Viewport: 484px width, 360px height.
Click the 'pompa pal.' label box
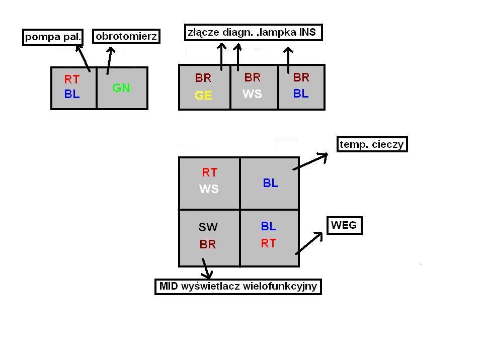pyautogui.click(x=53, y=37)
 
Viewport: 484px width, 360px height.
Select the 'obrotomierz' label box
pyautogui.click(x=126, y=36)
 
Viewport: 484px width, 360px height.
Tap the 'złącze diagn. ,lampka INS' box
pyautogui.click(x=253, y=33)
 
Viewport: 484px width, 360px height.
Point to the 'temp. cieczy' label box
pyautogui.click(x=372, y=145)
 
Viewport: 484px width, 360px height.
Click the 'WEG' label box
pyautogui.click(x=345, y=225)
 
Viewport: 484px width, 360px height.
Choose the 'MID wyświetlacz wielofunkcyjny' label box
pyautogui.click(x=238, y=287)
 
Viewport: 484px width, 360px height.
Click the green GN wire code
pyautogui.click(x=121, y=88)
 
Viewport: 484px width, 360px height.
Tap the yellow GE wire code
pyautogui.click(x=203, y=96)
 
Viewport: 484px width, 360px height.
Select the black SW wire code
pyautogui.click(x=208, y=228)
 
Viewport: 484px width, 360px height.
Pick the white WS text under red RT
pyautogui.click(x=209, y=190)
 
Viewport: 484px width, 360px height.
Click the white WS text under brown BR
pyautogui.click(x=252, y=94)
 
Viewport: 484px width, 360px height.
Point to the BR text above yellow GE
pyautogui.click(x=203, y=78)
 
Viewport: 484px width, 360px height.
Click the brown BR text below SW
pyautogui.click(x=208, y=245)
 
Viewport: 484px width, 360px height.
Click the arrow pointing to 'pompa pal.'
pyautogui.click(x=83, y=57)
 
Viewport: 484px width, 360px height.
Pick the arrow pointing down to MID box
pyautogui.click(x=205, y=268)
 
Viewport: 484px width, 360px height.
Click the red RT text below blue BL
pyautogui.click(x=269, y=243)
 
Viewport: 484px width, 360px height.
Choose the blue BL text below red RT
pyautogui.click(x=72, y=94)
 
